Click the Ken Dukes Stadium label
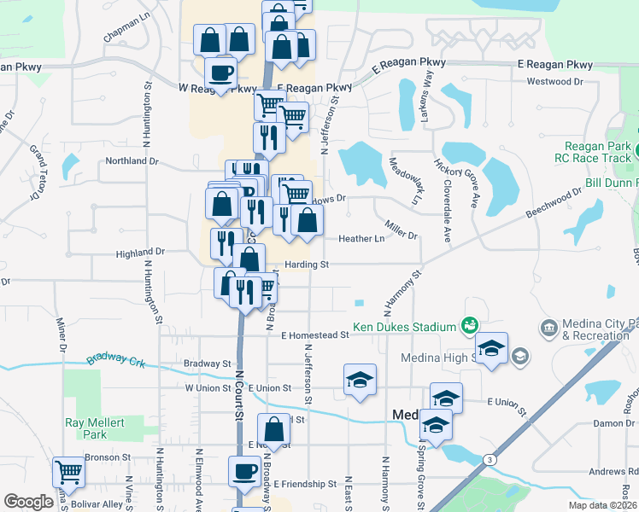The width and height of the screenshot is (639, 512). click(x=406, y=327)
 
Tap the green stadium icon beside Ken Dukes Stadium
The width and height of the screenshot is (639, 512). click(x=468, y=325)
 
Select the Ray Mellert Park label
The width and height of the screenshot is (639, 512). click(x=95, y=428)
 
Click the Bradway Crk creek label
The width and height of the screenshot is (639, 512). click(x=117, y=359)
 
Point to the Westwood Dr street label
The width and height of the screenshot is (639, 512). click(x=554, y=82)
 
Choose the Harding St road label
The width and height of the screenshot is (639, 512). click(x=307, y=265)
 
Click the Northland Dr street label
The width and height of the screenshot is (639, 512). click(x=132, y=160)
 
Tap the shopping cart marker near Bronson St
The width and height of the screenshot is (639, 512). click(x=67, y=471)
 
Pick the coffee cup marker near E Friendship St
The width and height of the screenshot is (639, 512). click(x=244, y=471)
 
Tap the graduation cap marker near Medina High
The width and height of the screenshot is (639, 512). click(x=491, y=348)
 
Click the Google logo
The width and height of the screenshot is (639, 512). click(x=28, y=502)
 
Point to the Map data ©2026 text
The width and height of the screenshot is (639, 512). click(x=601, y=505)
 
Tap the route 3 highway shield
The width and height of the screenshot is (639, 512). click(x=490, y=460)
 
